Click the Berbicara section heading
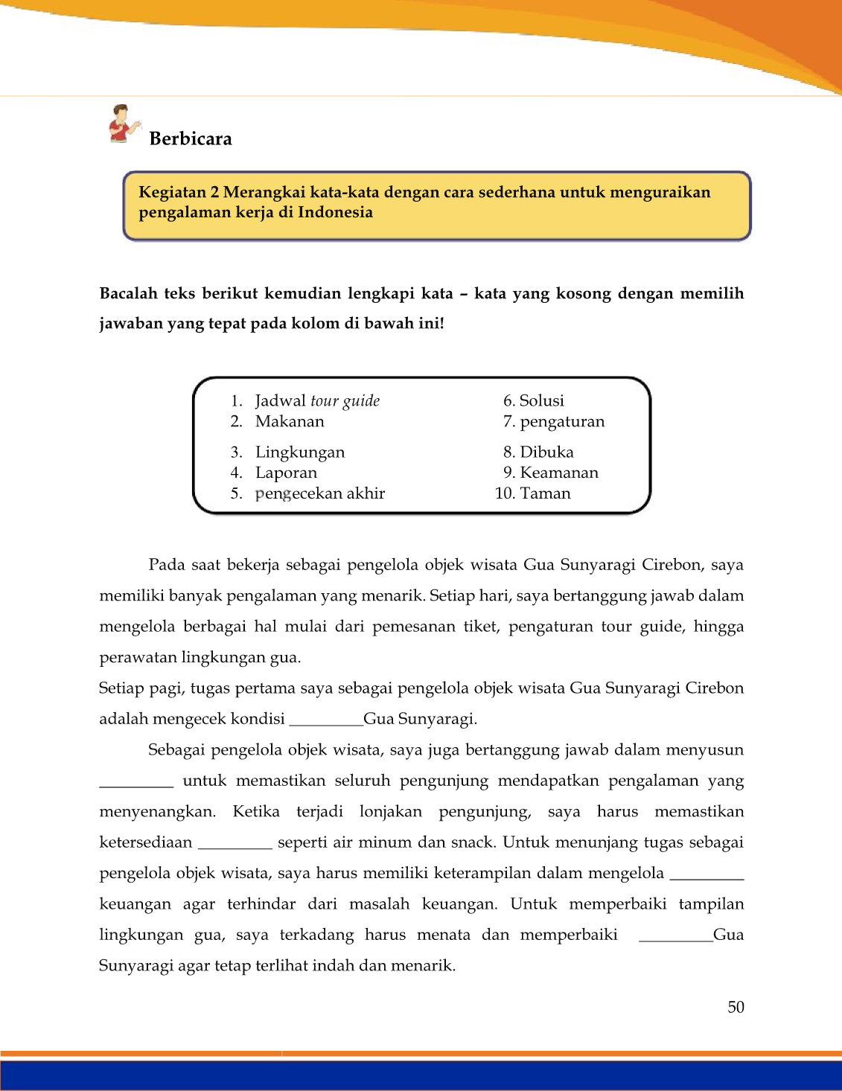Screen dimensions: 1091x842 pos(191,138)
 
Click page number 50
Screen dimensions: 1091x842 pos(736,1007)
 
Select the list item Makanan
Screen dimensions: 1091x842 pos(290,421)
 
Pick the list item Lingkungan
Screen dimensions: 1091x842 pos(300,452)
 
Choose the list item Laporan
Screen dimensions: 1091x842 pos(286,473)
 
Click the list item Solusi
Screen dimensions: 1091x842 pos(541,400)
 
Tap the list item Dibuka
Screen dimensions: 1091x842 pos(546,452)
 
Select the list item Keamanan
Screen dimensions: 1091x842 pos(559,473)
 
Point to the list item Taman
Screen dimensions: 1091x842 pos(545,493)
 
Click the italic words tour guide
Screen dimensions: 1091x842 pos(345,401)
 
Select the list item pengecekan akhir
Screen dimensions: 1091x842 pos(320,493)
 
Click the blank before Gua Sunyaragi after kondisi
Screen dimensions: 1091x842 pos(325,721)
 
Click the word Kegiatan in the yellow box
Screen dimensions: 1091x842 pos(173,192)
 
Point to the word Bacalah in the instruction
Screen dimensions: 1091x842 pos(129,293)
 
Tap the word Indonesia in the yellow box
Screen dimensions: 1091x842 pos(335,212)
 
